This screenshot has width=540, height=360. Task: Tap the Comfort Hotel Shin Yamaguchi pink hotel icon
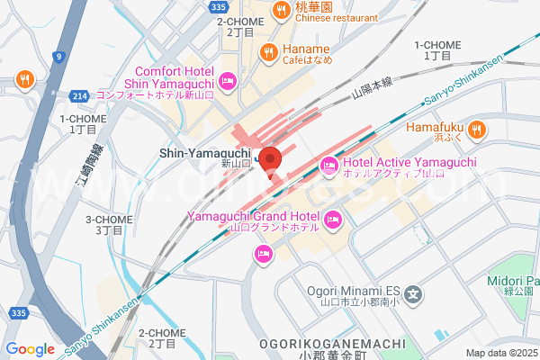tap(229, 81)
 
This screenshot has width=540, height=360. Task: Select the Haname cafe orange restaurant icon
tap(267, 52)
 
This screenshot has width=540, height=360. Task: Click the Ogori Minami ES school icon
tap(413, 292)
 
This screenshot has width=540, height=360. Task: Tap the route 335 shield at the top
tap(217, 5)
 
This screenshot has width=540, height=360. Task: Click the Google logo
tap(30, 349)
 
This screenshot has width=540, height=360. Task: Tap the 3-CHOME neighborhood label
tap(108, 220)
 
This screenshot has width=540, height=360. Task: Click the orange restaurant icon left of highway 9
tap(24, 78)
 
